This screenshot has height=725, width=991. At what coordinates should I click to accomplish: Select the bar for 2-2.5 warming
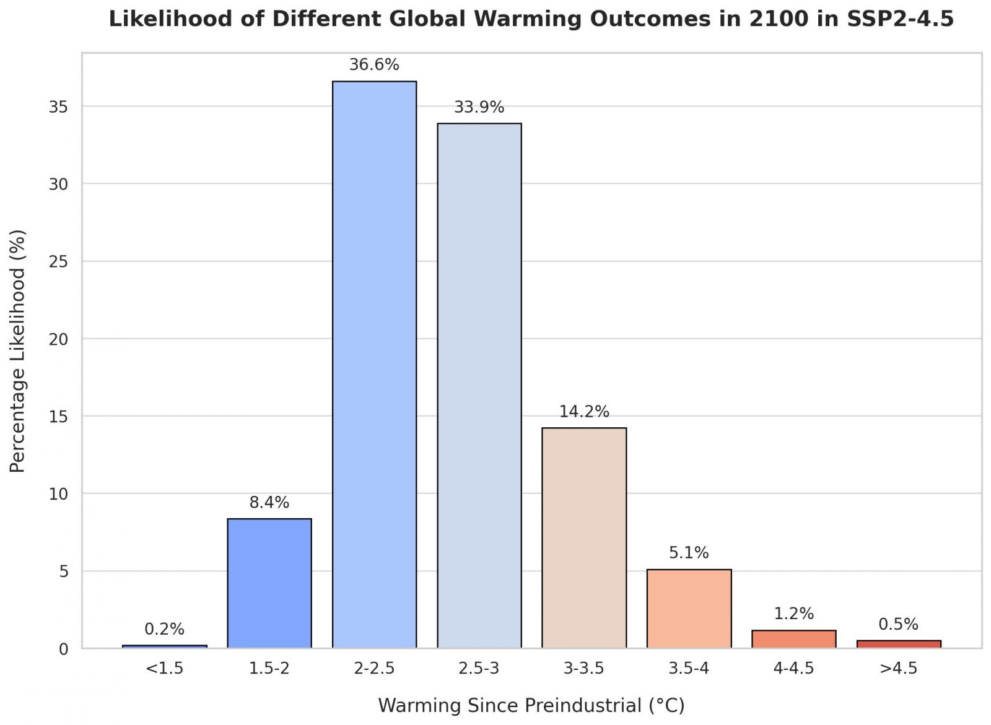click(374, 365)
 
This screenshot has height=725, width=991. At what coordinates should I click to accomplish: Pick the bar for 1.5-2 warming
click(269, 583)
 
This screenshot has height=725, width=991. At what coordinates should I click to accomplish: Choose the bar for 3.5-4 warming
click(689, 609)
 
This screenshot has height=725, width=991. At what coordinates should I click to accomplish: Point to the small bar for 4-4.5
click(793, 639)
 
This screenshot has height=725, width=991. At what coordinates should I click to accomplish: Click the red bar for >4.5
click(899, 644)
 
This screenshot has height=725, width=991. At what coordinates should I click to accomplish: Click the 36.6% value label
click(374, 65)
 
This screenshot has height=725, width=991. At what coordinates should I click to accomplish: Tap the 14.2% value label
click(584, 412)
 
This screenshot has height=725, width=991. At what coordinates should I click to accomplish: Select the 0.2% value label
click(164, 630)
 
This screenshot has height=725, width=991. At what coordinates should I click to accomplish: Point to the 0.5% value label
click(898, 624)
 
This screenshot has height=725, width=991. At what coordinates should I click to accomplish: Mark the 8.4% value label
click(269, 503)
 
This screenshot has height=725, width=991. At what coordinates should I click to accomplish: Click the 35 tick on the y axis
click(58, 107)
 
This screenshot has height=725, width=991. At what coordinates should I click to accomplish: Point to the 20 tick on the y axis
click(58, 339)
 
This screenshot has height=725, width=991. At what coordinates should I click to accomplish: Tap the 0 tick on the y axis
click(64, 649)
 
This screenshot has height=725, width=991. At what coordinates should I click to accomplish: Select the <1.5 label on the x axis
click(164, 669)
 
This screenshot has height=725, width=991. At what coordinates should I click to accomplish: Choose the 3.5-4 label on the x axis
click(689, 669)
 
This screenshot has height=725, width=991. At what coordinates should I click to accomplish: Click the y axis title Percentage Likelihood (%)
click(18, 351)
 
